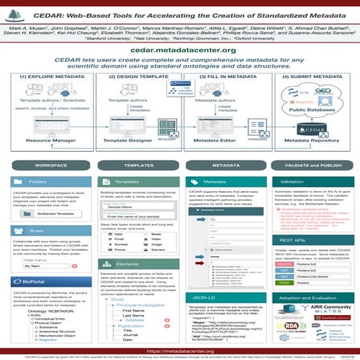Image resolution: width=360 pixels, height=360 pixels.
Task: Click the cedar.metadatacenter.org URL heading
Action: tap(180, 50)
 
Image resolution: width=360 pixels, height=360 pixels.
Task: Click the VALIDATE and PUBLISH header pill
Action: tap(312, 165)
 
